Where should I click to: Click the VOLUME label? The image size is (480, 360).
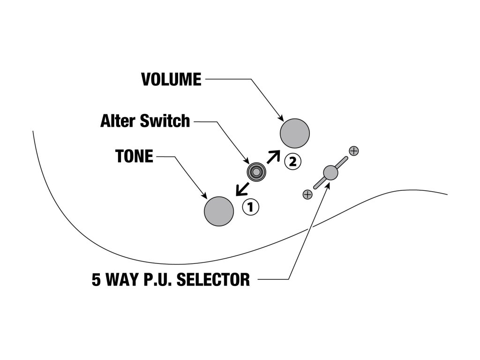coord(172,79)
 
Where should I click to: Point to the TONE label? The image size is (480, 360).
coord(134,156)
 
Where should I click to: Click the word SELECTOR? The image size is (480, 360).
coord(213,279)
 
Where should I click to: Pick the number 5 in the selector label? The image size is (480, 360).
coord(96,279)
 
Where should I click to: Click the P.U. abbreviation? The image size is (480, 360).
coord(158,279)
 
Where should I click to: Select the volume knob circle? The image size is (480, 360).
coord(295,134)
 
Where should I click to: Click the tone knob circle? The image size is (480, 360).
coord(219,211)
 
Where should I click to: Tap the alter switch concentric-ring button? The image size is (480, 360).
coord(256,172)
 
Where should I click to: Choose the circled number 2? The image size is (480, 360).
coord(293,161)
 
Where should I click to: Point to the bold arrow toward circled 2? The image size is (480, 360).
coord(273,157)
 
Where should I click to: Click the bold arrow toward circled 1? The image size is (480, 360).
coord(242,189)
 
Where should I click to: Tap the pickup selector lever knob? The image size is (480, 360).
coord(330,172)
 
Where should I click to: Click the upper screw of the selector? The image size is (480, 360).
coord(354,151)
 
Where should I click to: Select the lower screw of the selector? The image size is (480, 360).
coord(307,195)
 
